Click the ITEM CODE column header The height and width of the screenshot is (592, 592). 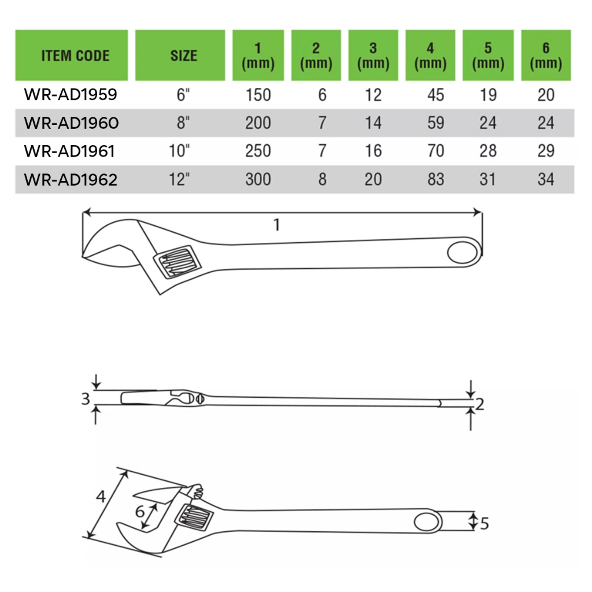pos(75,56)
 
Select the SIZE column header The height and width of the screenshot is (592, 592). pos(183,56)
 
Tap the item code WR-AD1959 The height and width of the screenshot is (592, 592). pos(71,94)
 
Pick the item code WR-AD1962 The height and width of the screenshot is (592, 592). pos(71,179)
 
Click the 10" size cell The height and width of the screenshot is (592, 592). pos(179,151)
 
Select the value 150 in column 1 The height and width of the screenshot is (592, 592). pos(258,95)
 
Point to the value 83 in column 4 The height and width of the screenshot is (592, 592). pos(436,179)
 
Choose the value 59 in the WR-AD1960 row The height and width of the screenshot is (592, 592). pos(436,123)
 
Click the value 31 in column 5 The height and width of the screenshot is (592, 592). pos(487,179)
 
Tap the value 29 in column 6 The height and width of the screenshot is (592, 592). pos(546,151)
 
